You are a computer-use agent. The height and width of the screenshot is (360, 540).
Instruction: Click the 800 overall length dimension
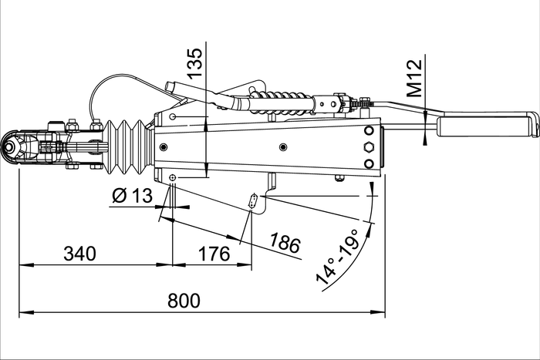click(184, 300)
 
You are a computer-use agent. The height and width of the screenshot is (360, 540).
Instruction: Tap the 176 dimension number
click(214, 253)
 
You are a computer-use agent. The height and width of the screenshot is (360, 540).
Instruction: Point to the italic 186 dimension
click(285, 245)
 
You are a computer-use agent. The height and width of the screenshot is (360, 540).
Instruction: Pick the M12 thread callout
click(414, 77)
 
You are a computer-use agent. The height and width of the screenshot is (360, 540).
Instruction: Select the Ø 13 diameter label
click(132, 196)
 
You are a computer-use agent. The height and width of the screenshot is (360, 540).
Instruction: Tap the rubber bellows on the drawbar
click(126, 147)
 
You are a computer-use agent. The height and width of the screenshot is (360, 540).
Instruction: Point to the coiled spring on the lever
click(281, 101)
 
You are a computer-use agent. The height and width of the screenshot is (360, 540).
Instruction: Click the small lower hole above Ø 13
click(172, 178)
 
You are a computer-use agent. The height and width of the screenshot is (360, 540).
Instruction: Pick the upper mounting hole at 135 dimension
click(173, 116)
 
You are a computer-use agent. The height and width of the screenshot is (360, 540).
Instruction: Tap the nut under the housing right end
click(339, 179)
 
